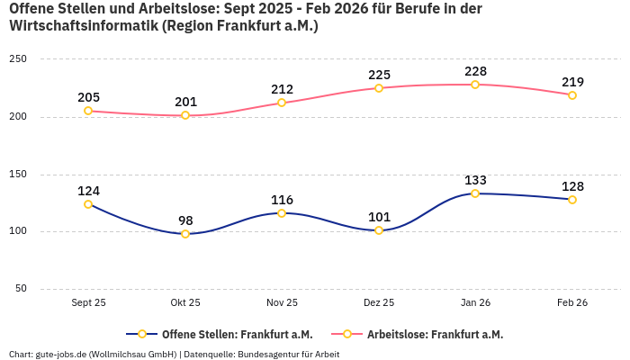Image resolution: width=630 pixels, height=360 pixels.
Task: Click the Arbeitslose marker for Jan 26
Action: coord(475,85)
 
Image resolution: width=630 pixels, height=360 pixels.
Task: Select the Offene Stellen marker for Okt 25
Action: coord(185,234)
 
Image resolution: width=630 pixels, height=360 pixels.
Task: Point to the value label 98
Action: coord(185,220)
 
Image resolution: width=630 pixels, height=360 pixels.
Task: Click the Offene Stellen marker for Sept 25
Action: coord(88,204)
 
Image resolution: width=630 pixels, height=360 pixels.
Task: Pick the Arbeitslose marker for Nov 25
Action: coord(282,103)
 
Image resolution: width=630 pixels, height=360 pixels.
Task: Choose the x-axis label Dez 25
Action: coord(379,303)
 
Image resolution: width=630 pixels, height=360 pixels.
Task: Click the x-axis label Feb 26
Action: coord(572,303)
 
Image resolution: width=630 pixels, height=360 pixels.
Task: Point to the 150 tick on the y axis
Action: coord(18,174)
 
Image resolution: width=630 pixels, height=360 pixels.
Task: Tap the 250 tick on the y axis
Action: coord(18,59)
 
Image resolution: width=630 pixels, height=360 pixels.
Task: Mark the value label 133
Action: coord(475,180)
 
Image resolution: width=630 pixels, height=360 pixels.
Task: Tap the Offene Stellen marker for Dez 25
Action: coord(379,230)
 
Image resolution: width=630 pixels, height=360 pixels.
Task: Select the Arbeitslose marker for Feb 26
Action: coord(572,95)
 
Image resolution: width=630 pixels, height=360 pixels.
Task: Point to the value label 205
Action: coord(88,97)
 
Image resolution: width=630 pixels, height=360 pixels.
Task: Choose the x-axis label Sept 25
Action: coord(88,303)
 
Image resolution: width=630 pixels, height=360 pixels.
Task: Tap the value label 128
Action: coord(572,186)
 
